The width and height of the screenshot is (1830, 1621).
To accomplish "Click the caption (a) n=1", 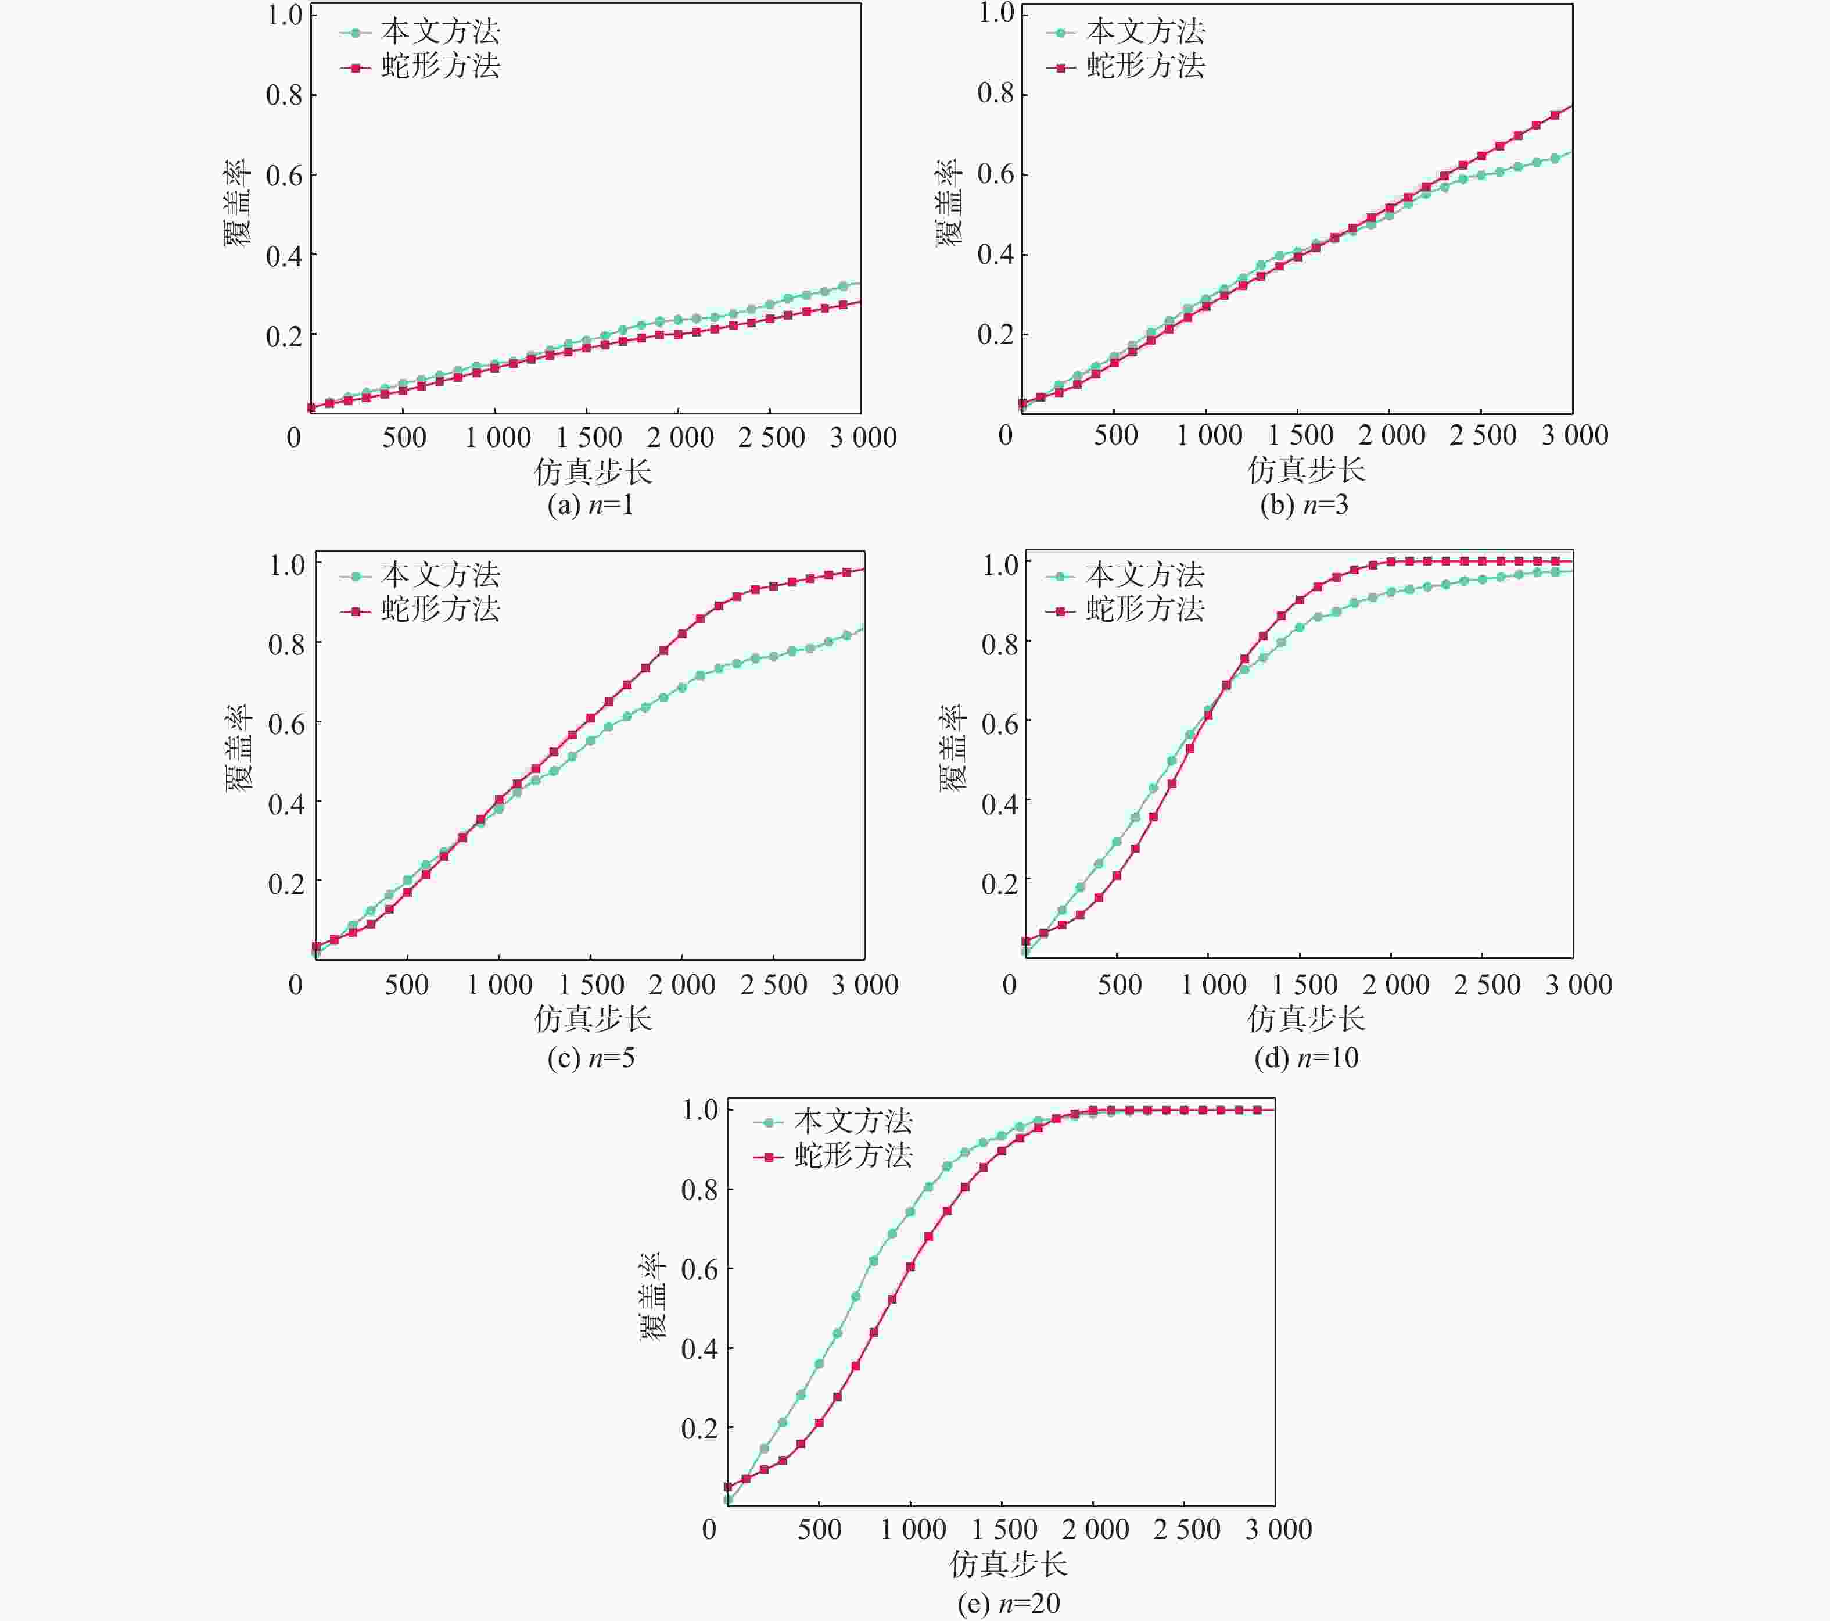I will click(591, 505).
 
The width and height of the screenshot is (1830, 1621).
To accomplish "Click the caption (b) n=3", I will click(1304, 505).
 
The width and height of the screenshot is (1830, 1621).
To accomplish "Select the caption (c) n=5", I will click(591, 1058).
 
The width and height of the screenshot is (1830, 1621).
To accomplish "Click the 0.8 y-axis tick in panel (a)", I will click(284, 95).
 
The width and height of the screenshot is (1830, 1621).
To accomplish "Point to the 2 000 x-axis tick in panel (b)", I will click(1391, 436).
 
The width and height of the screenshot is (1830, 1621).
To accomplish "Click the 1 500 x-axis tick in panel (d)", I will click(1304, 985).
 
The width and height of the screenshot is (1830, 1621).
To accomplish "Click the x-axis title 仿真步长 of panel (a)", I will click(593, 471).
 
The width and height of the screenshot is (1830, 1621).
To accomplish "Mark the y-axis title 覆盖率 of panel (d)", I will click(953, 748).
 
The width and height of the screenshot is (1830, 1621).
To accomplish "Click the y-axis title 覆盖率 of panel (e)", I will click(652, 1296).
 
